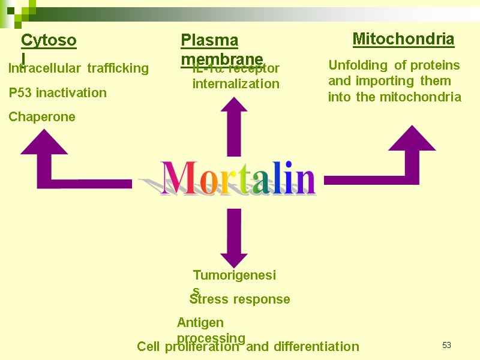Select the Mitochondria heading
tap(403, 40)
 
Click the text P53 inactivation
tap(58, 93)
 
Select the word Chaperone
tap(42, 117)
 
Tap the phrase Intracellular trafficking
tap(78, 68)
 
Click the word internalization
tap(236, 84)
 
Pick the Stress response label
tap(240, 299)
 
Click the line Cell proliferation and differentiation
tap(248, 347)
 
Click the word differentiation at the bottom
tap(316, 347)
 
